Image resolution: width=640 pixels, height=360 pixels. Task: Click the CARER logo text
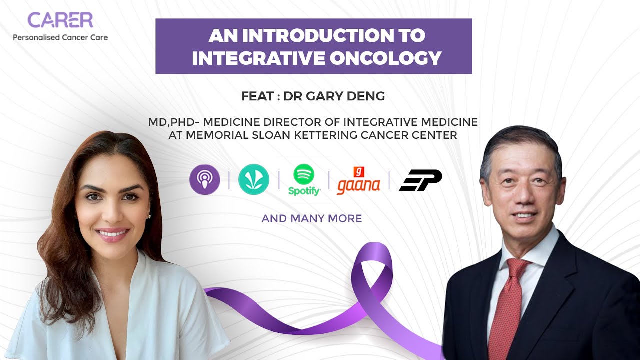click(60, 20)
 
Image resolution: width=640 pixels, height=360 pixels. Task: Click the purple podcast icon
click(204, 180)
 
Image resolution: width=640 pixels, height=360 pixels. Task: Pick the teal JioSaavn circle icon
click(254, 180)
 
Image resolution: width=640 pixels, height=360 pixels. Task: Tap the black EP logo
click(420, 180)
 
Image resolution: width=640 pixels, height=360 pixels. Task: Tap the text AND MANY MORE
click(312, 218)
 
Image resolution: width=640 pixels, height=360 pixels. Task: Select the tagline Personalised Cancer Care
click(60, 37)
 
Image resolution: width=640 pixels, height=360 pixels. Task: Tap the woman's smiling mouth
click(111, 233)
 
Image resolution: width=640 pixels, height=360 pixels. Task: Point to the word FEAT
click(257, 96)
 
